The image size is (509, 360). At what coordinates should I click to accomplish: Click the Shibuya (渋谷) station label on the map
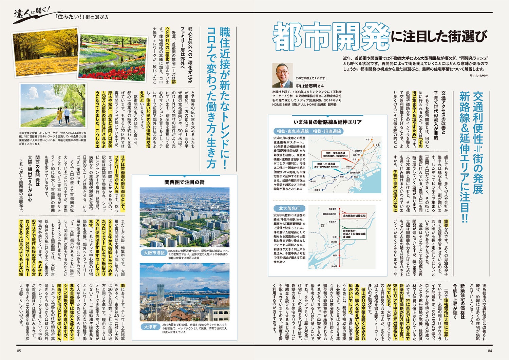[x=367, y=139]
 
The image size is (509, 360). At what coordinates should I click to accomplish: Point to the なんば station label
[x=334, y=266]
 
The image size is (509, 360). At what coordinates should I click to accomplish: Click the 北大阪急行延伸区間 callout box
[x=354, y=215]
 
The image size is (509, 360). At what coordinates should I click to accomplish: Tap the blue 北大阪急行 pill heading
[x=287, y=208]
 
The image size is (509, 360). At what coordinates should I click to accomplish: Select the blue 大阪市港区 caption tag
[x=154, y=253]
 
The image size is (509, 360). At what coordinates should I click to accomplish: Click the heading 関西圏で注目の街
[x=184, y=182]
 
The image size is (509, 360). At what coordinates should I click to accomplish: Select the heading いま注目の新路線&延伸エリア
[x=327, y=122]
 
